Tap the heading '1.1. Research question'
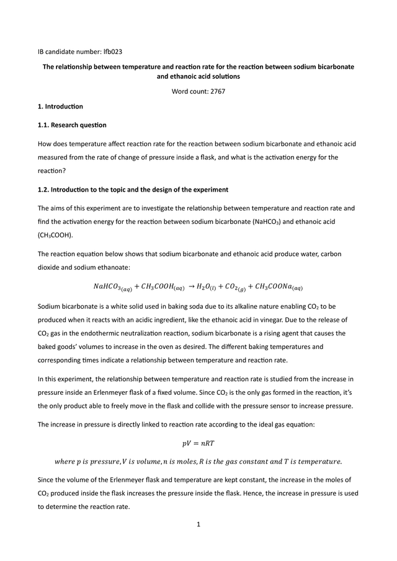tap(72, 125)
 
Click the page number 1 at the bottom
tap(198, 525)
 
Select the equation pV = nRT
tap(198, 443)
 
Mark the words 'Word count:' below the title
tap(189, 91)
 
